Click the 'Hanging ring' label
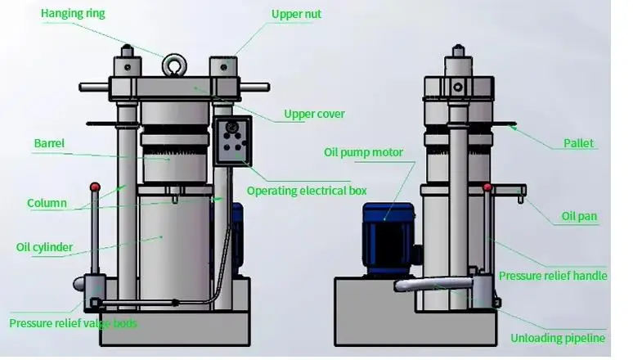(73, 14)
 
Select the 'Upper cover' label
(314, 114)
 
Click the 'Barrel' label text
(49, 144)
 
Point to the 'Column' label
(47, 204)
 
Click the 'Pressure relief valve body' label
(73, 323)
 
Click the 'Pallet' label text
(578, 144)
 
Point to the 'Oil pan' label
(579, 217)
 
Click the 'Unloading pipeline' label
(558, 338)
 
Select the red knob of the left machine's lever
(95, 188)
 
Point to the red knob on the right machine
(488, 187)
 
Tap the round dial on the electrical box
(233, 127)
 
